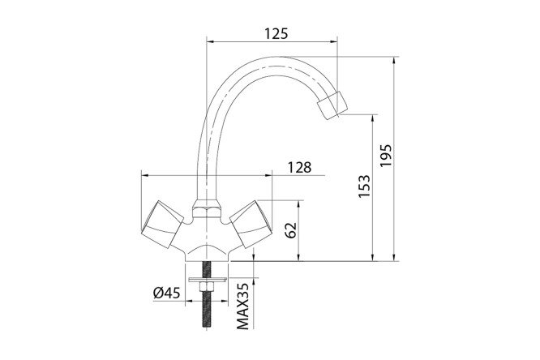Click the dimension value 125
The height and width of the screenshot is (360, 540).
coord(276,33)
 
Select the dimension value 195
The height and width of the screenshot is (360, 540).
coord(387,156)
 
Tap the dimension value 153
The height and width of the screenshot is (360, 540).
coord(364,186)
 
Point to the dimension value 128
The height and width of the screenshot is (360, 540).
coord(300,167)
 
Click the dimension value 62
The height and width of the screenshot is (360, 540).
coord(291,230)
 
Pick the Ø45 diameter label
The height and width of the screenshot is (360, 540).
coord(167,294)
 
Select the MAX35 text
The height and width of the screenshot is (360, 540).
coord(242,306)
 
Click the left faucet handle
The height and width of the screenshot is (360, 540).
coord(162,225)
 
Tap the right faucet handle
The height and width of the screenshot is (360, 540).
coord(251,225)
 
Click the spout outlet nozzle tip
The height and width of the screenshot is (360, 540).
coord(332,105)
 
